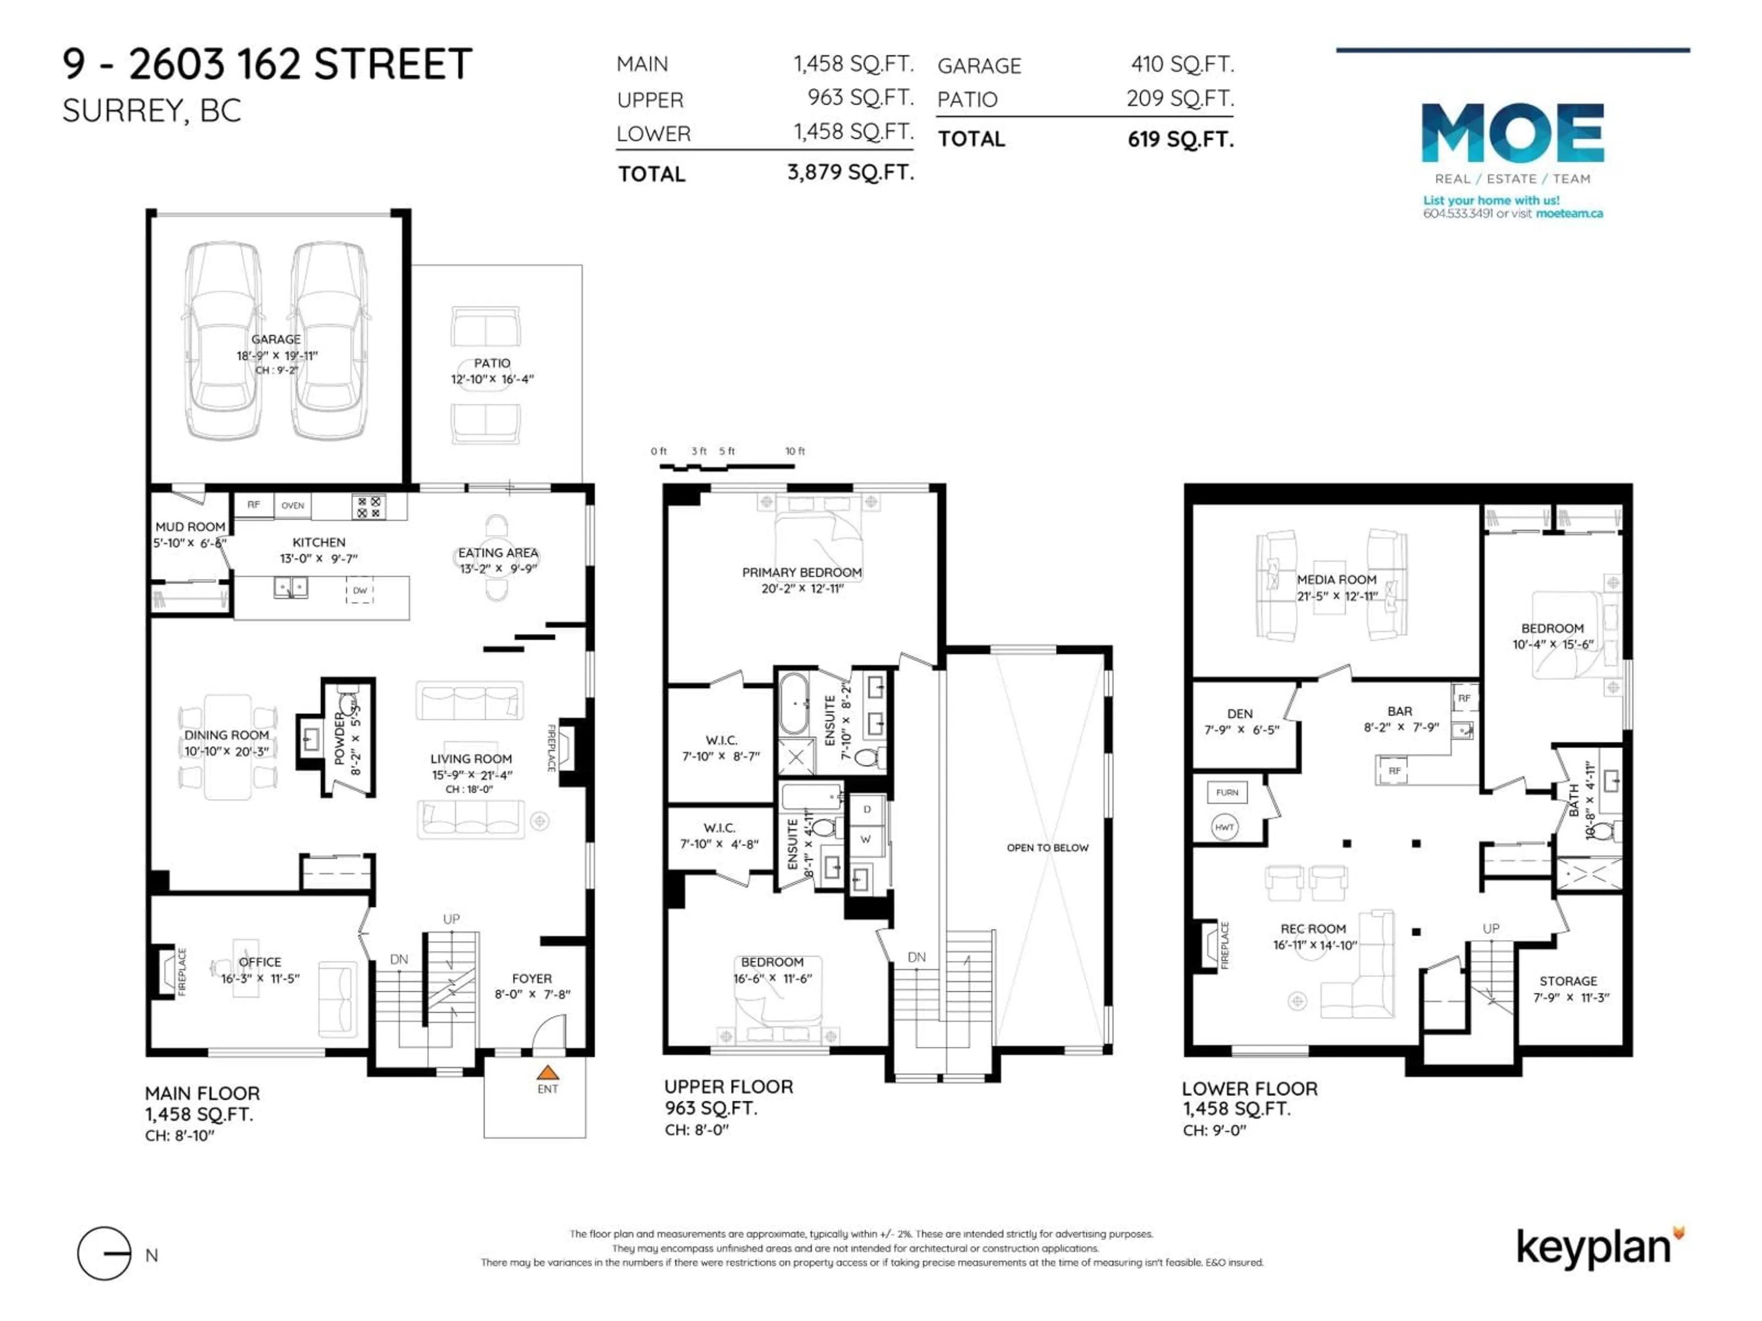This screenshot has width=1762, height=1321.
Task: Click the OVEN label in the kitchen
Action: pos(292,505)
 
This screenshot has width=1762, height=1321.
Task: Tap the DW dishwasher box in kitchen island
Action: pos(360,591)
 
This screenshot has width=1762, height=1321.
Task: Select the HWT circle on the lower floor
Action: pos(1224,827)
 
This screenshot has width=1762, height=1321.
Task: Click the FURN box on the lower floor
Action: pos(1227,792)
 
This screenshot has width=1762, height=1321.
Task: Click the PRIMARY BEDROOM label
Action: pos(801,572)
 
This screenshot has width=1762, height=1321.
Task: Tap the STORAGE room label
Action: pos(1567,981)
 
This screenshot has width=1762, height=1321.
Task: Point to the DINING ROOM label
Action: pos(226,735)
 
